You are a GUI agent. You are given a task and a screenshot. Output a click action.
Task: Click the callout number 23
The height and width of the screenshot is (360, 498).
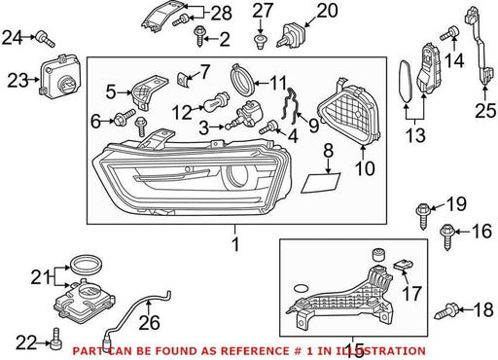(18, 81)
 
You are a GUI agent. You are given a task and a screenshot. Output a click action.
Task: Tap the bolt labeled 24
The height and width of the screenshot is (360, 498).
(46, 39)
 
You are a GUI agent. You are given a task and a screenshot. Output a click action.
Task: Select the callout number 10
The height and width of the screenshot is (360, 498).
(365, 168)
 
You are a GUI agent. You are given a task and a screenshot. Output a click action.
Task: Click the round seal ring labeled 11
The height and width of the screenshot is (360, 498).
(243, 80)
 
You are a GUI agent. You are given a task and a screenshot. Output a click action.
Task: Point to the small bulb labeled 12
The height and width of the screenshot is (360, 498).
(216, 101)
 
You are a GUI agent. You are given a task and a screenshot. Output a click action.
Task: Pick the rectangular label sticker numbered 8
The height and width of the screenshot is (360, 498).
(320, 183)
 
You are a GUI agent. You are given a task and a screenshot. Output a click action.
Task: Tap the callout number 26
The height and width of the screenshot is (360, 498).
(150, 322)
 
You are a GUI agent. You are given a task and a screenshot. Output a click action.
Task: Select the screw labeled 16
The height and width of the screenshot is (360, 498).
(446, 236)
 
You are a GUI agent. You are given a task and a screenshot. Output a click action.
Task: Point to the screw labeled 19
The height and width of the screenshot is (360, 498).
(423, 216)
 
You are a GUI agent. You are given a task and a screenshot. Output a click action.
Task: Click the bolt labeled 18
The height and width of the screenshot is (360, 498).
(446, 312)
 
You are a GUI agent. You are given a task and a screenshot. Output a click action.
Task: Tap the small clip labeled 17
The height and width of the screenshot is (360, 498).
(403, 266)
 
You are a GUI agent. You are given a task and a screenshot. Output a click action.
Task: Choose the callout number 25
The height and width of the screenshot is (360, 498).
(485, 111)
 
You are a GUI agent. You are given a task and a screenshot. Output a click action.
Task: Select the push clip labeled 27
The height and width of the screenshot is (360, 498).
(260, 41)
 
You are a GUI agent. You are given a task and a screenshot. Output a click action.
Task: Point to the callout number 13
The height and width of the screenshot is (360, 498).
(415, 135)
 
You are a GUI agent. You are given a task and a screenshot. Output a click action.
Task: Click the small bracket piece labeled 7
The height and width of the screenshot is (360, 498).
(182, 80)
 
